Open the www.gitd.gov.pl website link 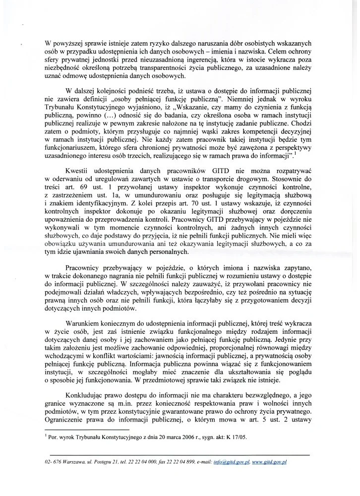tap(270, 461)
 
